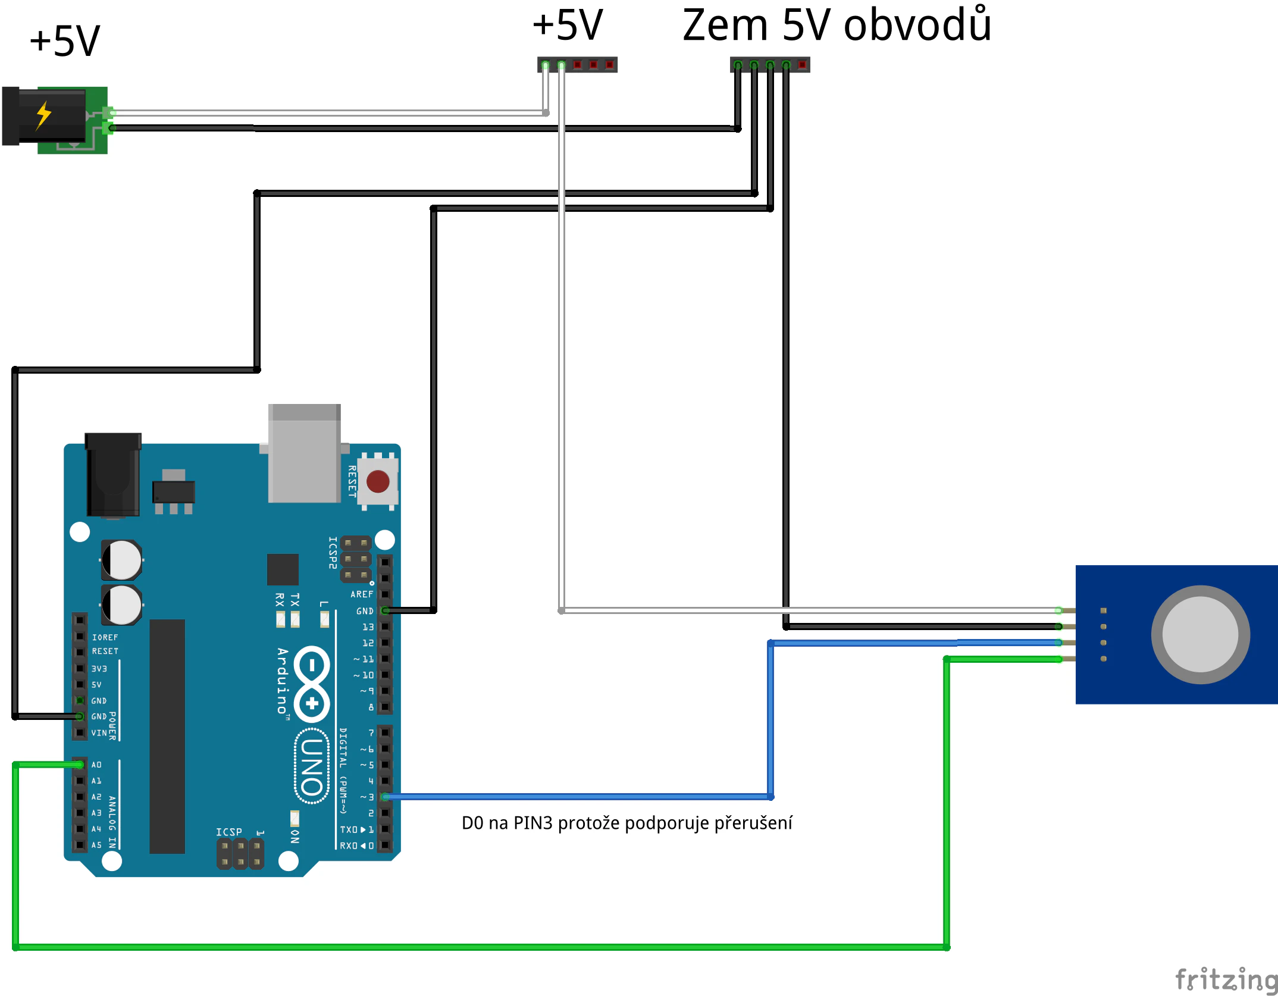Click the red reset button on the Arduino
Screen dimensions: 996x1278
[x=378, y=481]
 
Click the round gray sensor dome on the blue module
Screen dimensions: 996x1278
[x=1200, y=634]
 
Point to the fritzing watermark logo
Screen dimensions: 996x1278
[x=1226, y=979]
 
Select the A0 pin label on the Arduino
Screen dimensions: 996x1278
[x=96, y=765]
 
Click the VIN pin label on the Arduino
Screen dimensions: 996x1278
[x=99, y=733]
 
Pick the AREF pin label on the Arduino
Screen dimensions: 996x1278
[x=362, y=594]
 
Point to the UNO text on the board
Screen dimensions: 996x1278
[x=312, y=766]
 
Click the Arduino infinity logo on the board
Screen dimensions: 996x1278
[x=312, y=684]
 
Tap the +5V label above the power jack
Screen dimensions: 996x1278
[x=65, y=42]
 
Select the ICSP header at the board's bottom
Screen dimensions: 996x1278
[x=240, y=854]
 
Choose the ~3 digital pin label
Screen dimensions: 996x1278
[x=367, y=797]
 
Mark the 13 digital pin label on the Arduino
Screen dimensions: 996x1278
[x=368, y=627]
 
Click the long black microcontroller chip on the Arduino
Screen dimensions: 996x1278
[x=167, y=736]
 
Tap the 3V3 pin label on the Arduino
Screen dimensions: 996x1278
[x=99, y=669]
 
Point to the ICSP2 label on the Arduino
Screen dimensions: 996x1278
[x=333, y=553]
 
